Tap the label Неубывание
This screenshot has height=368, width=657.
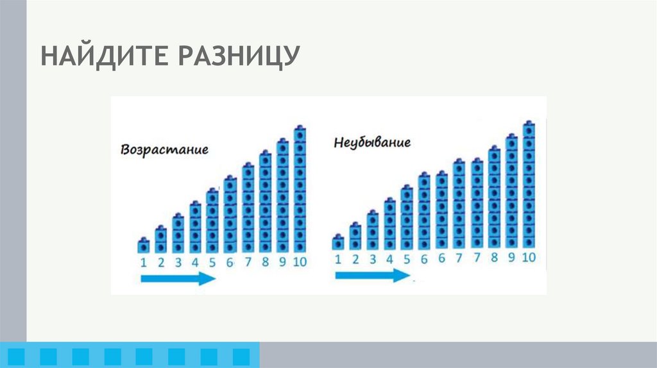(372, 142)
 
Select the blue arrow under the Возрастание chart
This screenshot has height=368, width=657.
(178, 278)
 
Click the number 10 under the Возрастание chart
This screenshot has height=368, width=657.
(300, 262)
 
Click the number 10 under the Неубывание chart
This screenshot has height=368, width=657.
(528, 258)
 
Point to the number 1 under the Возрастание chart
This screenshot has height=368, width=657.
(144, 262)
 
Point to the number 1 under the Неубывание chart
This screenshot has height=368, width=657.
(338, 259)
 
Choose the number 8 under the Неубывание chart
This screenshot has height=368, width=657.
(494, 258)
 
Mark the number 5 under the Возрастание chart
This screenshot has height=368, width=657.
(212, 262)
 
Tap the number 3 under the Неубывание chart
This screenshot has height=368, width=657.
(372, 259)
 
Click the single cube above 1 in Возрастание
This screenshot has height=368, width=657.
(144, 246)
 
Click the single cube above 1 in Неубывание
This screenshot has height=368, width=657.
(338, 242)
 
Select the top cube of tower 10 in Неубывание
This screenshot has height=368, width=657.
(529, 128)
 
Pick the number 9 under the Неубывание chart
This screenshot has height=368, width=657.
(511, 258)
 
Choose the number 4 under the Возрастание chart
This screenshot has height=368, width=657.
(195, 262)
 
